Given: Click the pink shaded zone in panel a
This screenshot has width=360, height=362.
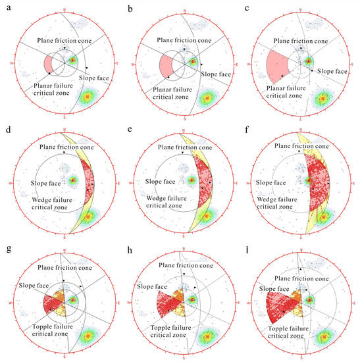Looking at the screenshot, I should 49,65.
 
